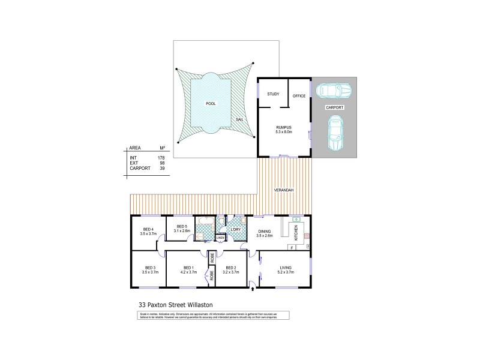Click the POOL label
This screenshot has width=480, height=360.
tap(210, 104)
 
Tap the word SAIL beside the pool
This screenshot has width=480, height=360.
tap(239, 119)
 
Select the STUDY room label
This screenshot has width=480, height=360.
tap(273, 94)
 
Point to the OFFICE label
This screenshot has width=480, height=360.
tap(299, 96)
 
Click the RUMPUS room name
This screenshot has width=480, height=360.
tap(284, 127)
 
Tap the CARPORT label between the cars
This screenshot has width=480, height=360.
tap(334, 107)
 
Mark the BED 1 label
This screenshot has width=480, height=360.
tap(188, 268)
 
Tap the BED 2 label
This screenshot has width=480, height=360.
tap(231, 268)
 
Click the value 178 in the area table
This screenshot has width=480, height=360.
tap(161, 157)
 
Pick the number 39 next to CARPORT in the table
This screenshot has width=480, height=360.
tap(162, 169)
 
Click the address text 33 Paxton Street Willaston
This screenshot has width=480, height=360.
tap(172, 305)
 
